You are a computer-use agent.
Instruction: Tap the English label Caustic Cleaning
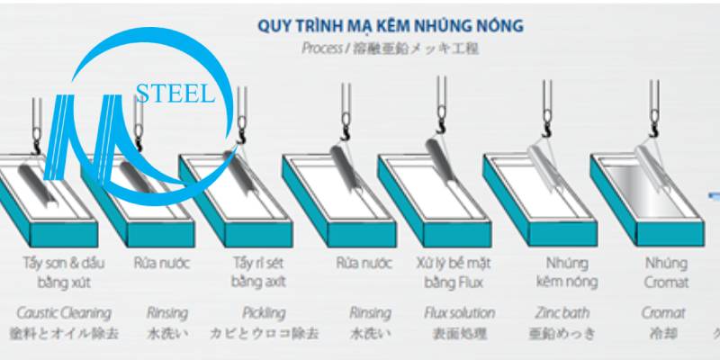64,313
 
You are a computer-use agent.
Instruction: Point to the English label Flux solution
459,313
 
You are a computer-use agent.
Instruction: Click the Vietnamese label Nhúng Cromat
667,273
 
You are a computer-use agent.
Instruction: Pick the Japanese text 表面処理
459,334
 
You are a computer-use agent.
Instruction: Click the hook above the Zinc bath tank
550,131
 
